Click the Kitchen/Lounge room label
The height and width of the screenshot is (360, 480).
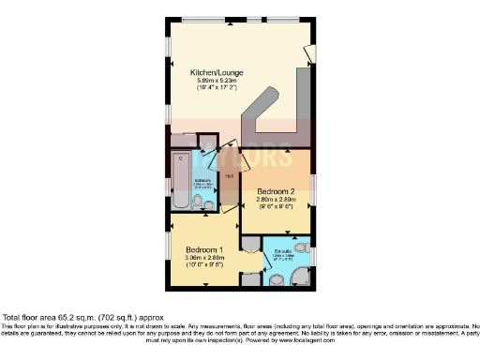[x=218, y=72]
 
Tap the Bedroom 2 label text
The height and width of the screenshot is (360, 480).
[x=278, y=190]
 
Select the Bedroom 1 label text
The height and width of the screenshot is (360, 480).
[x=204, y=249]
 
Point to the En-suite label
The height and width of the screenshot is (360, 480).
[x=280, y=251]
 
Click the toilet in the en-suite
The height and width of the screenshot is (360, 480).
[x=277, y=278]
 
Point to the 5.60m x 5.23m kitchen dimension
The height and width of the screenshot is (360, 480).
[x=218, y=82]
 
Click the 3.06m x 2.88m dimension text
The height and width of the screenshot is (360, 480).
[x=204, y=258]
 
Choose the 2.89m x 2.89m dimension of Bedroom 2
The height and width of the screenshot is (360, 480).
[x=278, y=200]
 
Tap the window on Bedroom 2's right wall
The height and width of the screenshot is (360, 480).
[x=314, y=187]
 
